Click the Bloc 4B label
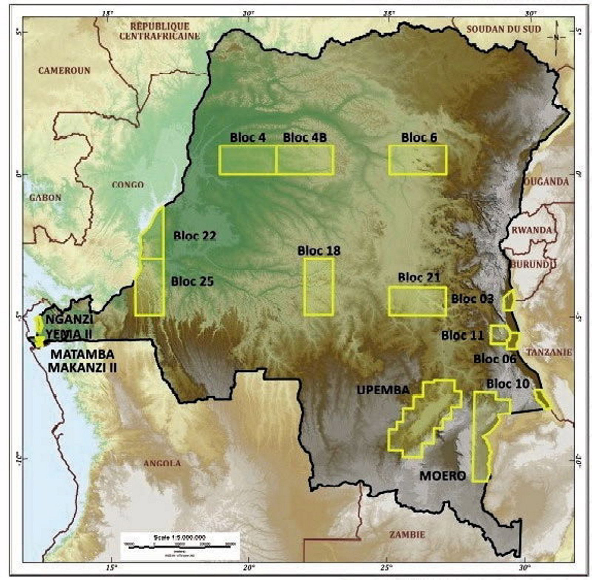(x=305, y=137)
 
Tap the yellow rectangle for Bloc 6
(x=418, y=160)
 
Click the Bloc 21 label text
(x=419, y=277)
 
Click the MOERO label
(x=443, y=476)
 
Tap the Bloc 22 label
(x=195, y=236)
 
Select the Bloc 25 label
(x=192, y=281)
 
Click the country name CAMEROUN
(x=64, y=70)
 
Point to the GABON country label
(x=45, y=197)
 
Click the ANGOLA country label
(x=162, y=463)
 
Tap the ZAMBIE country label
(x=407, y=534)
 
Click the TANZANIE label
(x=549, y=352)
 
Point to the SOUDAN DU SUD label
(x=504, y=29)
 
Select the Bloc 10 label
(x=508, y=384)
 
